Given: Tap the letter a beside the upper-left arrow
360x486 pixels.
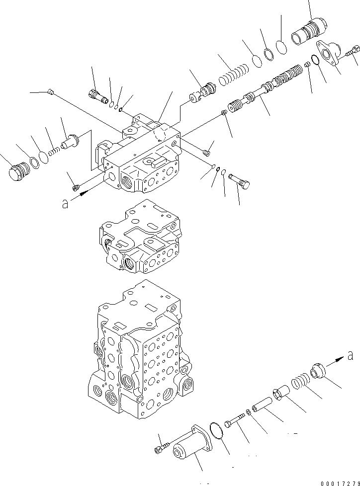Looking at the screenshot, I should pos(65,204).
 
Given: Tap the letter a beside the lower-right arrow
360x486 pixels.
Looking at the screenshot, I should pos(350,355).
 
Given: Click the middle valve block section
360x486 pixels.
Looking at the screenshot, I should pos(141,239).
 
